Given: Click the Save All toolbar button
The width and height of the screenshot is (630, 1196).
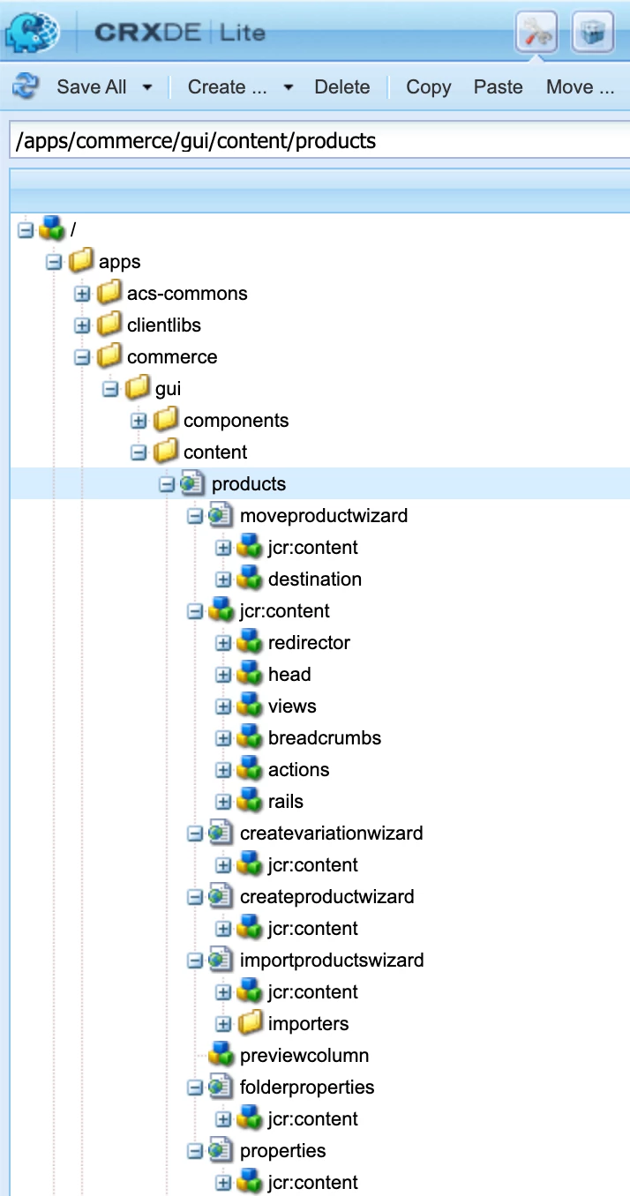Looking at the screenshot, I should [91, 87].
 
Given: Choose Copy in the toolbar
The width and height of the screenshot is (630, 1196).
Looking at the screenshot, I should [428, 87].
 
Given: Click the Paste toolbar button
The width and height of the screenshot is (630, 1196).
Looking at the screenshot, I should [498, 87].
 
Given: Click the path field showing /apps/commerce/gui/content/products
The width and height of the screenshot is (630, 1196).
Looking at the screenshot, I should [318, 141].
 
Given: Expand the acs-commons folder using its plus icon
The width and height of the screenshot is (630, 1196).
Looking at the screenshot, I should [83, 294].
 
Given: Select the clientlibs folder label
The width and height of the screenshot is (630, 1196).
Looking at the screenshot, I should [164, 325].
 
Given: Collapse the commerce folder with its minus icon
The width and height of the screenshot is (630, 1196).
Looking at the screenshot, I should [83, 357].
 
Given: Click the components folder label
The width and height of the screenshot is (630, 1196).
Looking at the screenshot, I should [236, 421].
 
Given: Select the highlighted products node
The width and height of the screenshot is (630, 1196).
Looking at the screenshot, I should [249, 484].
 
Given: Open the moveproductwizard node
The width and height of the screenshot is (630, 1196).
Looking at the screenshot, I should [324, 516].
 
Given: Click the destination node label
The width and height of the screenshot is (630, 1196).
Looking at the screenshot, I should [315, 579].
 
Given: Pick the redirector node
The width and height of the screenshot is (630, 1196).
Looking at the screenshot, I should [309, 643].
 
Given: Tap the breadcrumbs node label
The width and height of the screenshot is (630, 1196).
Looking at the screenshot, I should [325, 738].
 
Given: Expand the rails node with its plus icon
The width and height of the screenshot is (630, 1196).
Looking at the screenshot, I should [224, 802].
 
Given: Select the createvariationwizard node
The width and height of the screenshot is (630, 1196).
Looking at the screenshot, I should [331, 833].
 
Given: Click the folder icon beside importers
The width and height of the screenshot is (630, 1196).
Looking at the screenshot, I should [251, 1024].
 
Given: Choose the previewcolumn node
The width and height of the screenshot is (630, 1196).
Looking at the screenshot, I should [304, 1056].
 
